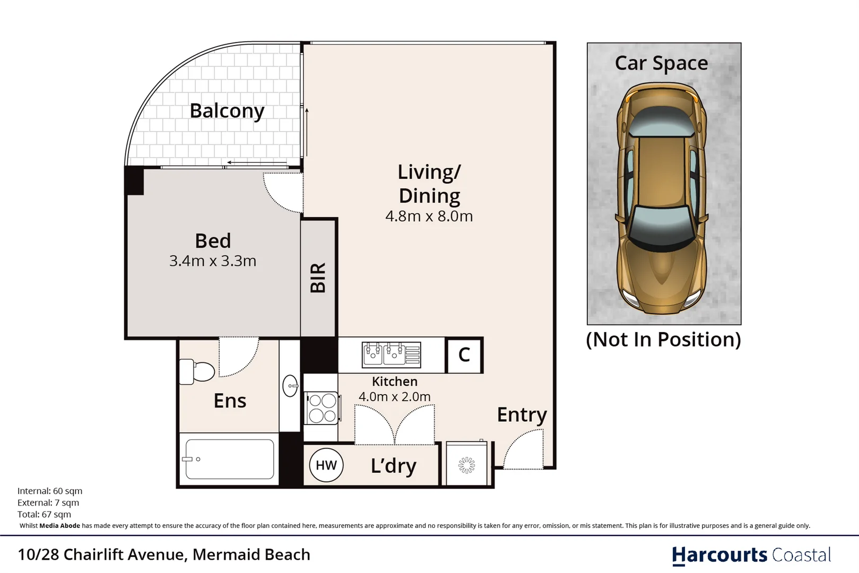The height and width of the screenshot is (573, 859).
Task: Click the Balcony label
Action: [227, 111]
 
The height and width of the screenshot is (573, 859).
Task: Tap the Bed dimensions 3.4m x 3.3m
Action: [213, 261]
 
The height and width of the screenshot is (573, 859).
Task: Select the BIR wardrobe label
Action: [318, 277]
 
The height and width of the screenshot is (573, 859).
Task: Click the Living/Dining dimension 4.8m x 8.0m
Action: [429, 216]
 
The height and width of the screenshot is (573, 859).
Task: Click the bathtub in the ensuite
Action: [229, 459]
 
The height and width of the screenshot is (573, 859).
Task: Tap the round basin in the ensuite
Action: [290, 386]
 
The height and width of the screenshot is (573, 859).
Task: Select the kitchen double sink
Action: [391, 355]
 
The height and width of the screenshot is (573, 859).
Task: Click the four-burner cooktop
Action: [322, 408]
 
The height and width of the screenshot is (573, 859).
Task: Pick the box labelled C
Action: [464, 355]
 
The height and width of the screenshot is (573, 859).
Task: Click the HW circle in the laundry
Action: [326, 465]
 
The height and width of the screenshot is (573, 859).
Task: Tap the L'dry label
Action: [394, 466]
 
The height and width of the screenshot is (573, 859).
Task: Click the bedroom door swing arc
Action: [275, 202]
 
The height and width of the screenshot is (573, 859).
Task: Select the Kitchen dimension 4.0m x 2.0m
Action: [395, 396]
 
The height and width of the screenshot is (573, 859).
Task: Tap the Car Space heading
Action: [662, 63]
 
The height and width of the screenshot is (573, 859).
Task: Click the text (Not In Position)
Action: [663, 340]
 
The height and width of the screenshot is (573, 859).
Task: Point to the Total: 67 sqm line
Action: [44, 514]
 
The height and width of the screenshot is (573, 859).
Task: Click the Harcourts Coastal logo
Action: [752, 555]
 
